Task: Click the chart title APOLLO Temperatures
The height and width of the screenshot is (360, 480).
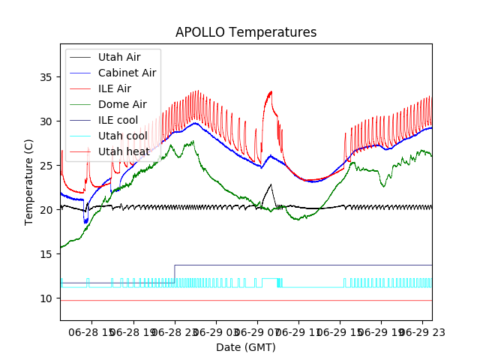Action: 246,32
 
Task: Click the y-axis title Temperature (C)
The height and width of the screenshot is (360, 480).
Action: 29,181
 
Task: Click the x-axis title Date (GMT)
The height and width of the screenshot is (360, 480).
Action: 246,347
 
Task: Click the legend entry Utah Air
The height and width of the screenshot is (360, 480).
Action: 118,57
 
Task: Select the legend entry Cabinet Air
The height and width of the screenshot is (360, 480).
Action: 127,73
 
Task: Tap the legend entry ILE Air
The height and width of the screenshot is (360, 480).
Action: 114,88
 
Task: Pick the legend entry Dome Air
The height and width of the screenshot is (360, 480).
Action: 122,104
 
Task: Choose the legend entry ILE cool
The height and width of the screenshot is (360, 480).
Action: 118,120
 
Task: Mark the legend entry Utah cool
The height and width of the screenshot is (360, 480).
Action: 122,136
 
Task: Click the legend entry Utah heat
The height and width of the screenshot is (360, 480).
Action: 122,151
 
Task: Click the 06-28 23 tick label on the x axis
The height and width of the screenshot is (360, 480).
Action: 174,331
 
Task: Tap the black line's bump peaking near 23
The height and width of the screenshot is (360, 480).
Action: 271,184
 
